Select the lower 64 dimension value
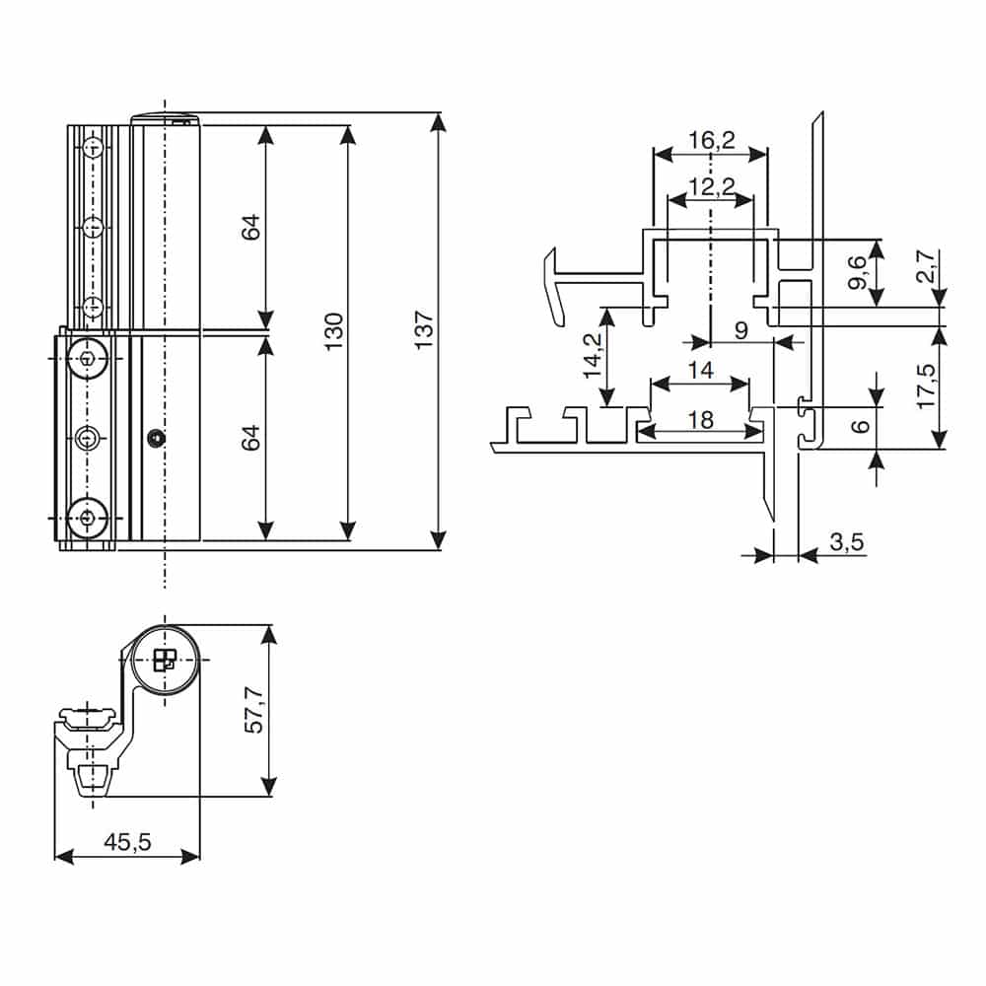(250, 437)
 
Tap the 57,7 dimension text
(254, 710)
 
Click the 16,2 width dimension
(711, 141)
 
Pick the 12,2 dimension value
(711, 185)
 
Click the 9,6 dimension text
(857, 272)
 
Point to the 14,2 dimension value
(592, 356)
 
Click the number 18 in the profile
(700, 420)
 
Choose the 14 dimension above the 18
(700, 371)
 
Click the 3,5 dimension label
(846, 541)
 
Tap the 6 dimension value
(860, 426)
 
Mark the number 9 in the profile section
(740, 330)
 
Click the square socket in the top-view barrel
(165, 661)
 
